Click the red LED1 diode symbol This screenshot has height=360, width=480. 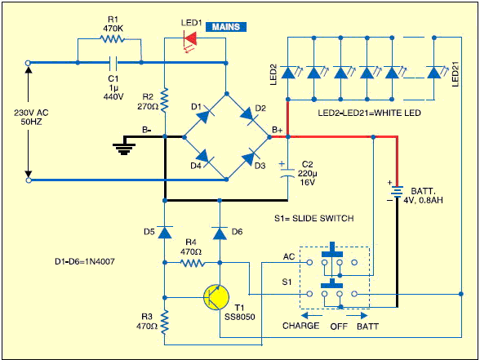[189, 38]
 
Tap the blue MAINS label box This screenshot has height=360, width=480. [226, 27]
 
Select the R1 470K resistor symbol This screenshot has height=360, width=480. [112, 39]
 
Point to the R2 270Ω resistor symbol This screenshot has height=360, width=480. [165, 100]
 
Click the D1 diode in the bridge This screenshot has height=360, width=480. [205, 115]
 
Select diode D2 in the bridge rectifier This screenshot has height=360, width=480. [248, 115]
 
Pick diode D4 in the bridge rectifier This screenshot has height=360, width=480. [204, 158]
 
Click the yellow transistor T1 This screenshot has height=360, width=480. [216, 297]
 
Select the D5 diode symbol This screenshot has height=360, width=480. [165, 233]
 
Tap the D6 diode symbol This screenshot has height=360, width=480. [220, 233]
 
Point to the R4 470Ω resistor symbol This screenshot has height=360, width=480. [193, 263]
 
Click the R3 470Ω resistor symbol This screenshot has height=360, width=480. [165, 322]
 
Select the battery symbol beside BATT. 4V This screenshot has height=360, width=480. [398, 193]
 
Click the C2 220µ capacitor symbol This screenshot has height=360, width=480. [287, 172]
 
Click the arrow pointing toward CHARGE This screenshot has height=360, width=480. [311, 315]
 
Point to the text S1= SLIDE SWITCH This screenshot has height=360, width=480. [314, 218]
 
